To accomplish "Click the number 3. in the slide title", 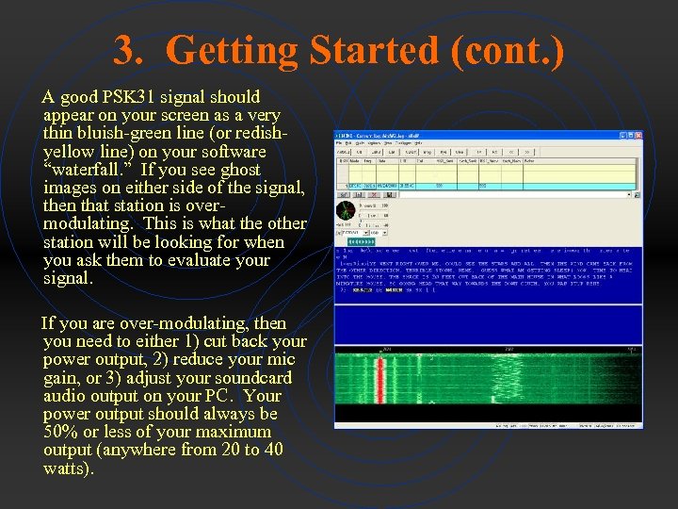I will pos(130,50).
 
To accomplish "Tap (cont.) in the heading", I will pos(508,50).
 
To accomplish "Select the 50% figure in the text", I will pos(61,432).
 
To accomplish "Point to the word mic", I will pos(282,359).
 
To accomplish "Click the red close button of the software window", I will pos(638,136).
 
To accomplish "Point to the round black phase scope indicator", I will pos(347,209).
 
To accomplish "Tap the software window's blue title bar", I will pos(471,136).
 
